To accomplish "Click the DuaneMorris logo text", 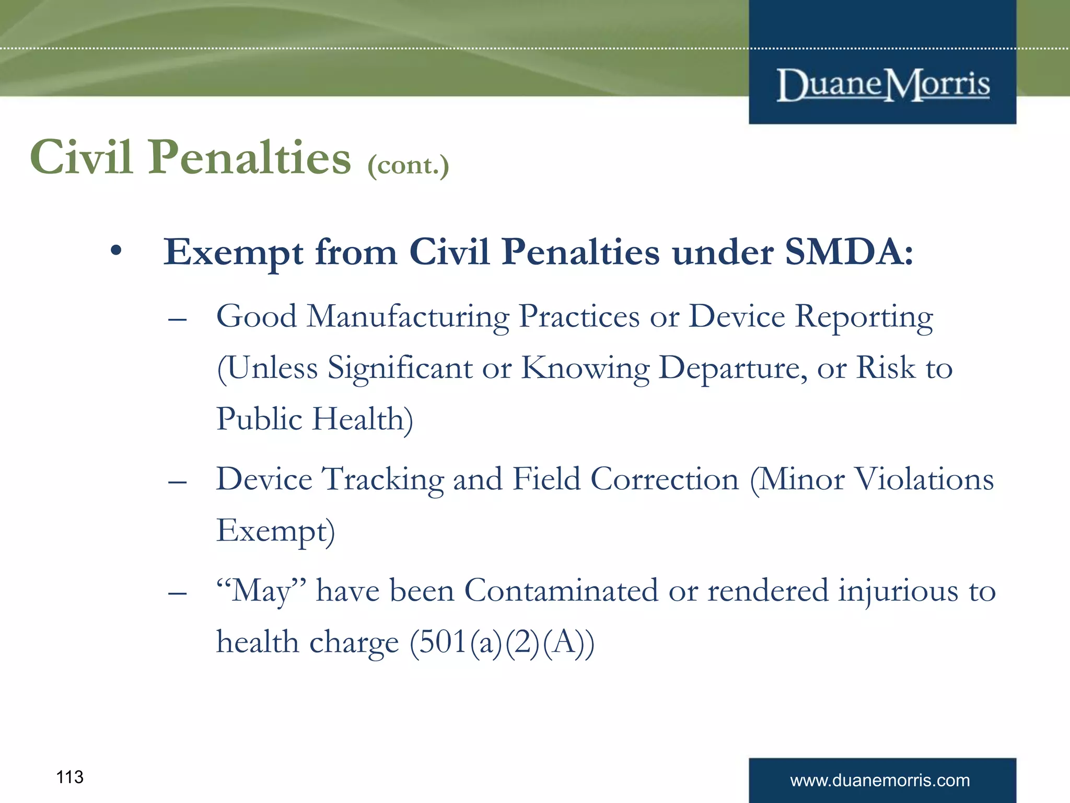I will pyautogui.click(x=883, y=85).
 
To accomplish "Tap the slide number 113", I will pyautogui.click(x=69, y=777).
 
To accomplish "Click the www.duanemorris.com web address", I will pyautogui.click(x=880, y=781).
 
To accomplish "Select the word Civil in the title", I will pyautogui.click(x=81, y=157).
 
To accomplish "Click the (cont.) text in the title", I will pyautogui.click(x=408, y=166).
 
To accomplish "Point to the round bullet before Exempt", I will pyautogui.click(x=116, y=251).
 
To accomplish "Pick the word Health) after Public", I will pyautogui.click(x=363, y=419).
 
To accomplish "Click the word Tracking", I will pyautogui.click(x=382, y=480).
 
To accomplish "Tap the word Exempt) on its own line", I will pyautogui.click(x=275, y=531).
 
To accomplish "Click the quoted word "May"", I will pyautogui.click(x=261, y=591).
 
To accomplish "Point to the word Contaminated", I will pyautogui.click(x=561, y=591).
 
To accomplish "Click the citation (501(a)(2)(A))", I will pyautogui.click(x=502, y=643).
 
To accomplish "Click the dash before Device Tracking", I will pyautogui.click(x=178, y=481).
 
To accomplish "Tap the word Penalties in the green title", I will pyautogui.click(x=250, y=157).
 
